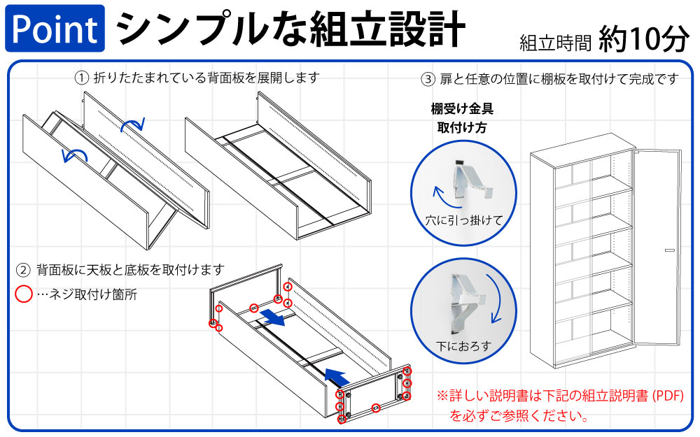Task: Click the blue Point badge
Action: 55,29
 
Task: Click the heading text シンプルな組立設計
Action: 290,28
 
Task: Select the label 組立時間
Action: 556,43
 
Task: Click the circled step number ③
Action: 428,79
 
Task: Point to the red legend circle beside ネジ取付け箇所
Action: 24,294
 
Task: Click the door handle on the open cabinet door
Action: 669,250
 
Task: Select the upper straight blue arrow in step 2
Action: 272,320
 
